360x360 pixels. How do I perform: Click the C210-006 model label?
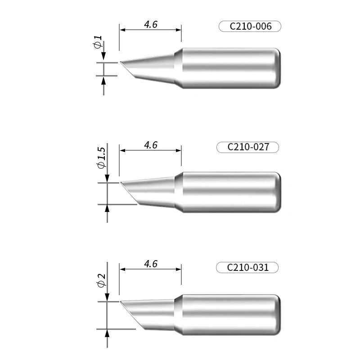pyautogui.click(x=250, y=27)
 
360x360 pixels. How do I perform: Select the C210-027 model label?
pyautogui.click(x=248, y=147)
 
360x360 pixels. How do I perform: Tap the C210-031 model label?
pyautogui.click(x=247, y=268)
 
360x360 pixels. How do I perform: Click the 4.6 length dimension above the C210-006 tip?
pyautogui.click(x=150, y=25)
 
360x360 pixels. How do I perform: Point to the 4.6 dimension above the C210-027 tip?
pyautogui.click(x=150, y=145)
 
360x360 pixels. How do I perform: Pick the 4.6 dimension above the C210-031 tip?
pyautogui.click(x=150, y=264)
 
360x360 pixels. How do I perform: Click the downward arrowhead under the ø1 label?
pyautogui.click(x=103, y=56)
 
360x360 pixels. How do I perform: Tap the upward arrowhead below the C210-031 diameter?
pyautogui.click(x=107, y=333)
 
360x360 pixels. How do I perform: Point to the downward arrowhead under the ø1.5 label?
pyautogui.click(x=107, y=178)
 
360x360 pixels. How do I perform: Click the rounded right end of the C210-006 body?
pyautogui.click(x=278, y=68)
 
